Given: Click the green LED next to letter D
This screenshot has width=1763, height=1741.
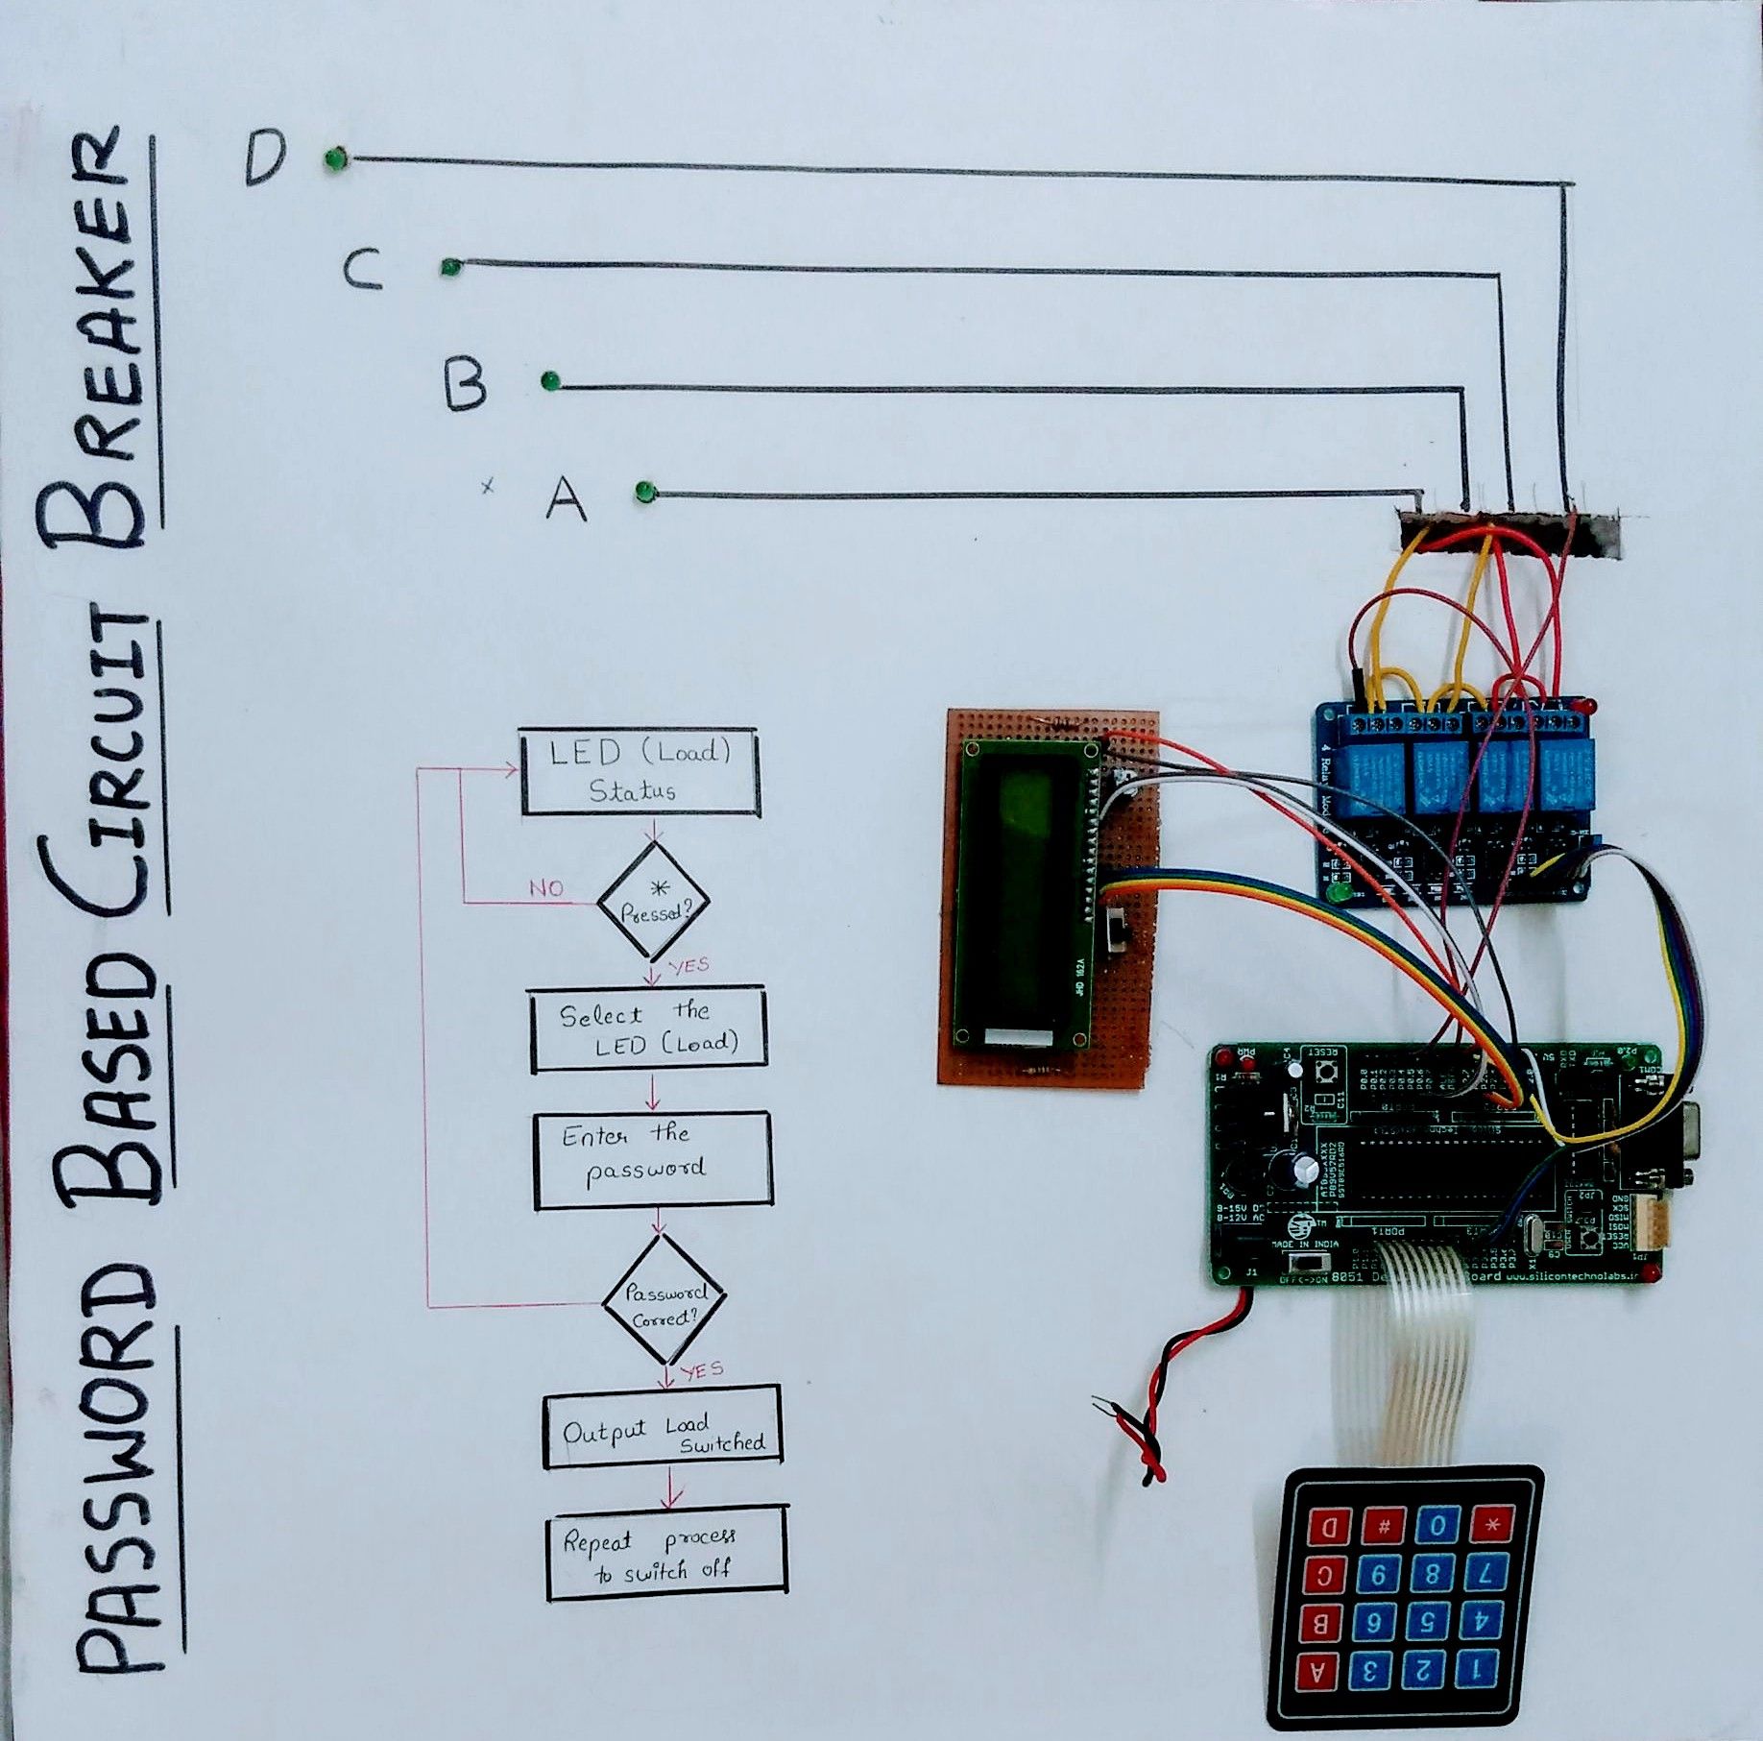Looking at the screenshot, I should [335, 158].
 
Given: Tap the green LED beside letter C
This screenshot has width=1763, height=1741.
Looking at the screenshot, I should [449, 267].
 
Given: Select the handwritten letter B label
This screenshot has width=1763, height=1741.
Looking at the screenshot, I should [466, 384].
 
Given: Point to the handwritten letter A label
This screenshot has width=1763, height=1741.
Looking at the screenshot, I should [566, 497].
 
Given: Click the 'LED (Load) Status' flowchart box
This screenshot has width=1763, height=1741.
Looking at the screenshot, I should [639, 772].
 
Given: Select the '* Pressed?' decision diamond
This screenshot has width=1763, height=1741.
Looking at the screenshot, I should [654, 901].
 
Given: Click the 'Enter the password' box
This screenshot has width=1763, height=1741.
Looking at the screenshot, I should [652, 1159].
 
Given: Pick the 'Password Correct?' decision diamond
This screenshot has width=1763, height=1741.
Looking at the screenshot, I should [664, 1299].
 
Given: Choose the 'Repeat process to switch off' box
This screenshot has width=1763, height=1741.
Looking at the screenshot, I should [666, 1553].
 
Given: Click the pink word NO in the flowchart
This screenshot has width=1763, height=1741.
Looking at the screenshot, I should [546, 888].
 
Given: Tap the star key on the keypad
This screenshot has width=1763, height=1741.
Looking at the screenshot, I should [1491, 1524].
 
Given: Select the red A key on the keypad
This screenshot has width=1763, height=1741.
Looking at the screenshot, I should [1317, 1673].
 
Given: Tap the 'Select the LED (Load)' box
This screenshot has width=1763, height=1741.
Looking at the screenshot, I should [648, 1028].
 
